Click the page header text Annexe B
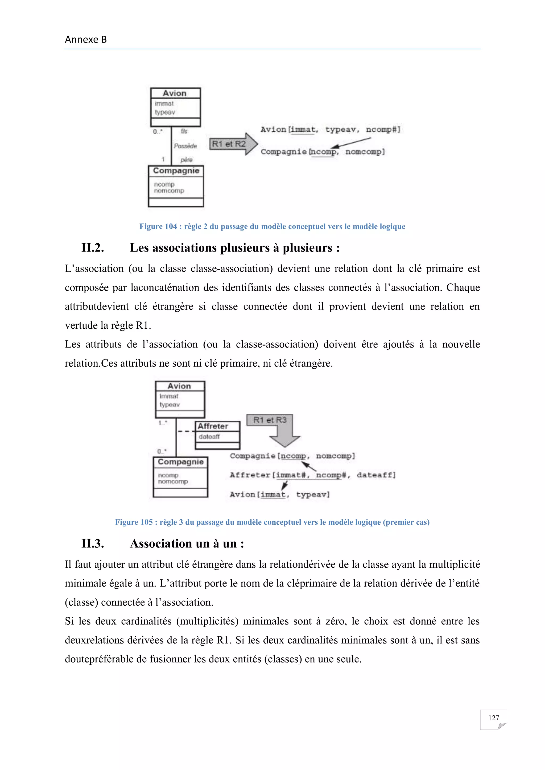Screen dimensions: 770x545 click(86, 40)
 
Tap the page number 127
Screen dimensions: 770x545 click(493, 718)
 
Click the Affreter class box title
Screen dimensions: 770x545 click(213, 426)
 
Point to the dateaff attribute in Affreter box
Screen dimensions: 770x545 click(209, 437)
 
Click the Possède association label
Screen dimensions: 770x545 click(185, 146)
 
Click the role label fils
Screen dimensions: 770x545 click(184, 131)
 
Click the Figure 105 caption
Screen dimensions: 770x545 click(272, 522)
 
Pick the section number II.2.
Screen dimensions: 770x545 click(93, 248)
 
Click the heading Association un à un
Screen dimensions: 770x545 click(187, 544)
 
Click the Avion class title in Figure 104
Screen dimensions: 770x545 click(175, 93)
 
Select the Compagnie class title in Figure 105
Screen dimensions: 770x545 click(180, 462)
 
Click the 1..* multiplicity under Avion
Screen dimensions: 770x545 click(163, 423)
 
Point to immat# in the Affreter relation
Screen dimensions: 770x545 click(291, 475)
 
